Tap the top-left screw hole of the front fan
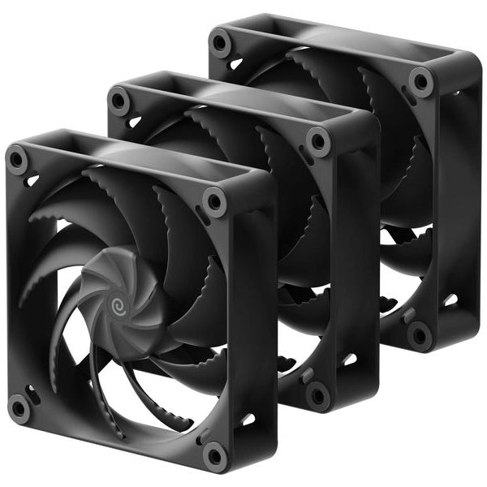click(17, 160)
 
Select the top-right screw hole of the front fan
click(215, 200)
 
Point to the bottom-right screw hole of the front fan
click(215, 454)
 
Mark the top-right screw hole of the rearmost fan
click(420, 81)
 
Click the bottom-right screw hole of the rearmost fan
click(420, 334)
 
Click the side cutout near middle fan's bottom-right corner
click(350, 359)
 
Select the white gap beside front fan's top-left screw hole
click(32, 180)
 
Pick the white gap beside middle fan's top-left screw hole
click(135, 121)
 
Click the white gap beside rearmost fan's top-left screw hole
click(235, 62)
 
